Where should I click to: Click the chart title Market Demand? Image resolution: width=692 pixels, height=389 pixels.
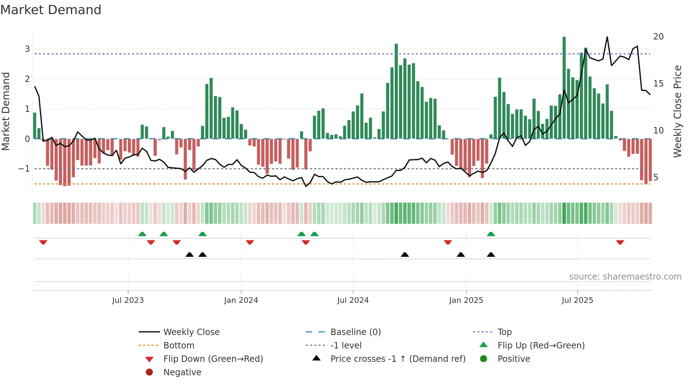(51, 10)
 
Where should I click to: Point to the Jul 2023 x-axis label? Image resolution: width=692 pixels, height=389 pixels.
(128, 300)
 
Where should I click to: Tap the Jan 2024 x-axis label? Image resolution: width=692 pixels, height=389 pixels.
(241, 300)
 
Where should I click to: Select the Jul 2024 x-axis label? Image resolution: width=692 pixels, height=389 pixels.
(353, 300)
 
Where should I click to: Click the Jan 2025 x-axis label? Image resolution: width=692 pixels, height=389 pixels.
(466, 300)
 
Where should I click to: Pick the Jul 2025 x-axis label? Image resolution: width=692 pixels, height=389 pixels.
(577, 300)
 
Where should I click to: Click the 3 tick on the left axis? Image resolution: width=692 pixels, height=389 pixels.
(27, 49)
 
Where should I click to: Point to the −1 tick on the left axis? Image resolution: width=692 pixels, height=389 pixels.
(24, 169)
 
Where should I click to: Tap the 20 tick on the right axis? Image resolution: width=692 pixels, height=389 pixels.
(658, 37)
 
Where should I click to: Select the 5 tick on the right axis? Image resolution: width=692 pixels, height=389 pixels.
(656, 178)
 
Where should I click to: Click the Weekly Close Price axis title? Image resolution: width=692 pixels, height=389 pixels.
(677, 111)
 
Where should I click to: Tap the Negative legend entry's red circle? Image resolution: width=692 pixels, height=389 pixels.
(149, 372)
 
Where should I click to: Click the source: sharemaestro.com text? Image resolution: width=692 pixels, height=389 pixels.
(625, 277)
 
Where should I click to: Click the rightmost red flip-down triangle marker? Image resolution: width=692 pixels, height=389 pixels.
(620, 243)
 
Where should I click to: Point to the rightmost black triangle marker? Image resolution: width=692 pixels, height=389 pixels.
(491, 255)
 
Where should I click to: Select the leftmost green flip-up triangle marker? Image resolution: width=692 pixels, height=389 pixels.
(142, 234)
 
